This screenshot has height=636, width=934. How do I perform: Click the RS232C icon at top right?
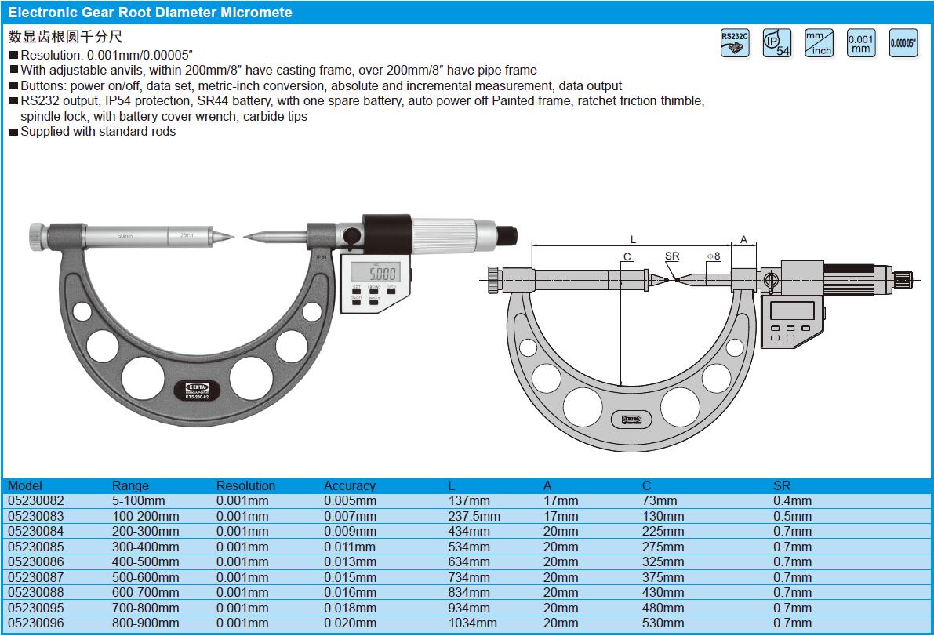pos(735,43)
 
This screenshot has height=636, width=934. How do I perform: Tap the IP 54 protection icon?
pos(777,43)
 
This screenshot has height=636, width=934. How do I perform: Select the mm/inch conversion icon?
pos(819,43)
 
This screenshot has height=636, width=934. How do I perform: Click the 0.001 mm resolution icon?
pos(860,43)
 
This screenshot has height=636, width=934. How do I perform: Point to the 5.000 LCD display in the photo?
pos(374,273)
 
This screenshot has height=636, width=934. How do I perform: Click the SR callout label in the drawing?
pos(672,256)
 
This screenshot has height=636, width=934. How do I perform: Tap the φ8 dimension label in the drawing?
pos(713,256)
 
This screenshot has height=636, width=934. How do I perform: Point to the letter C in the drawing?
pos(627,256)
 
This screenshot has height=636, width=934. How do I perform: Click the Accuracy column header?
pos(350,485)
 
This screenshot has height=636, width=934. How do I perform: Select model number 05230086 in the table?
pos(36,562)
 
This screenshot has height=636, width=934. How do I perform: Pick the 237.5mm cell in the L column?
pos(474,516)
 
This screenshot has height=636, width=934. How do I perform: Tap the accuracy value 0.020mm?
pos(350,623)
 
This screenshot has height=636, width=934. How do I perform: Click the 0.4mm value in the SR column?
pos(792,500)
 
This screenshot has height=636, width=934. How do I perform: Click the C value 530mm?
pos(663,623)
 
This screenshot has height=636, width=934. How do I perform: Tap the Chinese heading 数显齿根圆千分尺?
pos(66,36)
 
